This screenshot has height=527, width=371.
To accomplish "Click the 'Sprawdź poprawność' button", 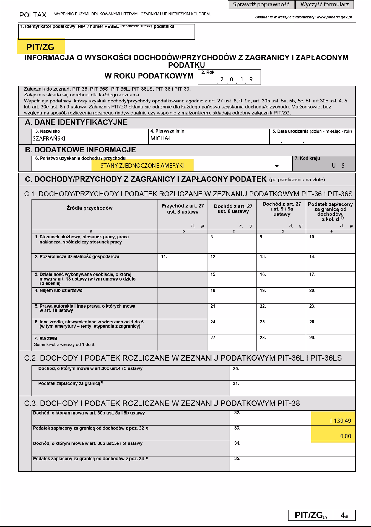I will (x=261, y=5).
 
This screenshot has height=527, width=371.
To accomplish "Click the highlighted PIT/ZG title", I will (x=41, y=47).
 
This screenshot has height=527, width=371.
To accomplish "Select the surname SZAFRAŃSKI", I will (x=49, y=139).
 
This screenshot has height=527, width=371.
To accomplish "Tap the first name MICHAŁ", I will (x=161, y=139).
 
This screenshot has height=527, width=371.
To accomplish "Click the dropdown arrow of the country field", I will (x=277, y=166).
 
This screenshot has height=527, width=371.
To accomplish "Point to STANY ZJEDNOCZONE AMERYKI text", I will (x=142, y=166).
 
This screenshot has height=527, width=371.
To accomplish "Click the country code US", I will (x=338, y=166).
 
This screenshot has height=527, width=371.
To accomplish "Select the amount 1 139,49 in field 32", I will (x=340, y=421).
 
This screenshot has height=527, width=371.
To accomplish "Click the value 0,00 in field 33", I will (x=345, y=436).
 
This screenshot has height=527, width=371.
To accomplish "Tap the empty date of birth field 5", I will (x=312, y=139).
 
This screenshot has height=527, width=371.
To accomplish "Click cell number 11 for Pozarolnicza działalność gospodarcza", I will (x=182, y=263).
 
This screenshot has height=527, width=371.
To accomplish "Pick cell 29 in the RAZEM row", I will (x=330, y=343).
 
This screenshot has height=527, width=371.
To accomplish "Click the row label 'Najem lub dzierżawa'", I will (x=59, y=290).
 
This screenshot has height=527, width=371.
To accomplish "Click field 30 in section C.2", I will (x=292, y=373).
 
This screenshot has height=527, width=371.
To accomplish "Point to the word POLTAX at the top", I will (x=33, y=15).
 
